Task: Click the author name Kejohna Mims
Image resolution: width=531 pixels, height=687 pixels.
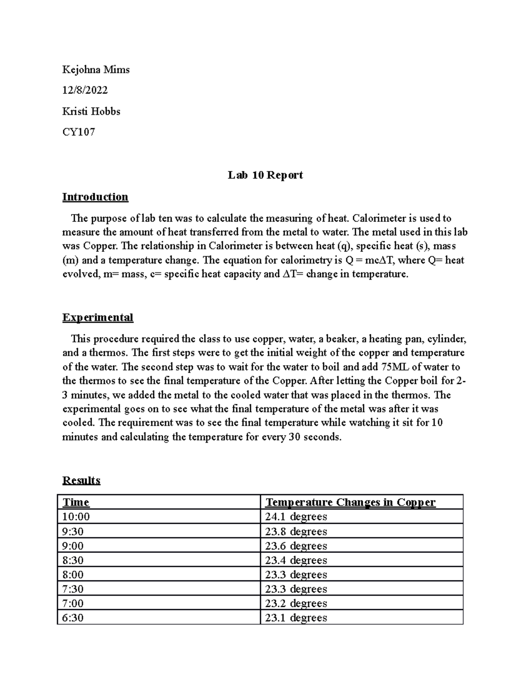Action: pyautogui.click(x=96, y=69)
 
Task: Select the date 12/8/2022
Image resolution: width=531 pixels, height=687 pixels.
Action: pyautogui.click(x=85, y=90)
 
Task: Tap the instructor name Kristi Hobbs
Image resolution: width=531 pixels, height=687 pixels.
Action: pyautogui.click(x=91, y=111)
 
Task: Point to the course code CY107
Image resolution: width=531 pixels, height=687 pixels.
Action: pyautogui.click(x=78, y=132)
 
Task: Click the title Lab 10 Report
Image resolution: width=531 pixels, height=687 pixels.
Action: pyautogui.click(x=265, y=175)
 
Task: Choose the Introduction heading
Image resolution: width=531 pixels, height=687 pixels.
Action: pyautogui.click(x=95, y=197)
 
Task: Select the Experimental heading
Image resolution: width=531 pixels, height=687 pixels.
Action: pyautogui.click(x=97, y=318)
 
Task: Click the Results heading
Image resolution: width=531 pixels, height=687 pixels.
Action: pyautogui.click(x=81, y=480)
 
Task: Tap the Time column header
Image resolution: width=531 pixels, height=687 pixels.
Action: pyautogui.click(x=76, y=503)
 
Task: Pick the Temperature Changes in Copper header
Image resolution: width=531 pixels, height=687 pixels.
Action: pyautogui.click(x=350, y=503)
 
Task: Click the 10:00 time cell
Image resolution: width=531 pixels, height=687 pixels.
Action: pyautogui.click(x=76, y=517)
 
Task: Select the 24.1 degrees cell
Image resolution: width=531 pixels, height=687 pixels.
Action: pyautogui.click(x=296, y=517)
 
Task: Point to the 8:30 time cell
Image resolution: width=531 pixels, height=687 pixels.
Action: pyautogui.click(x=73, y=560)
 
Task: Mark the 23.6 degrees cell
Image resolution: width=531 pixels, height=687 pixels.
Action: pyautogui.click(x=296, y=546)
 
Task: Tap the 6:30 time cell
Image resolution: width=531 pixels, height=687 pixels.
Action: pyautogui.click(x=73, y=618)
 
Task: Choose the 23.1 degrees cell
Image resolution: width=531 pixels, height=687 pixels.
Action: pyautogui.click(x=296, y=618)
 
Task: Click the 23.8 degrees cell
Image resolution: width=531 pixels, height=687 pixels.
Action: pyautogui.click(x=296, y=531)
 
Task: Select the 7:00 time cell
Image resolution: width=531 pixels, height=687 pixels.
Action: pyautogui.click(x=73, y=603)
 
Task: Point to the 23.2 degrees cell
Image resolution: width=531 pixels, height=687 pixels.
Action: pyautogui.click(x=296, y=603)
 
